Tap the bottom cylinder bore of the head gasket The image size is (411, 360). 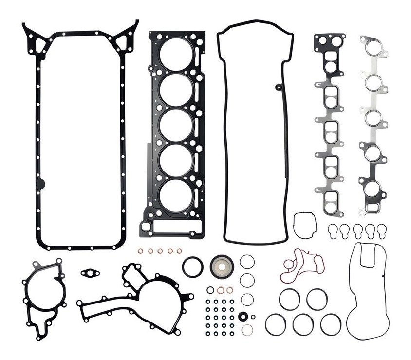point(176,195)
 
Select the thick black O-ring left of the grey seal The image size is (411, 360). point(193,266)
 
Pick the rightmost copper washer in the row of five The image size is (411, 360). point(179,251)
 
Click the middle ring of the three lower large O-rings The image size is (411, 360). point(302,324)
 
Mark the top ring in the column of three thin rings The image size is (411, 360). point(247,262)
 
